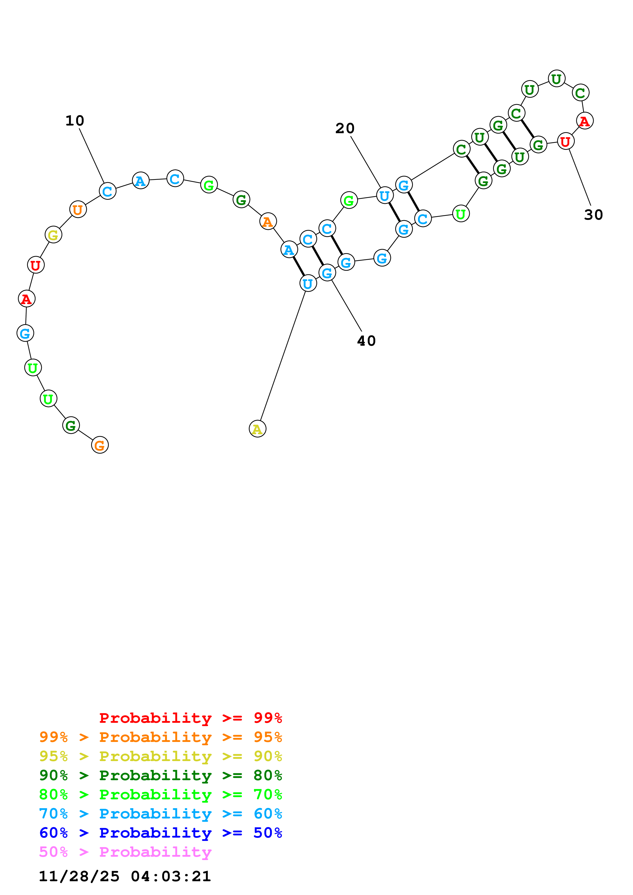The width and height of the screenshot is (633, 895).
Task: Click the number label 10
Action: point(75,121)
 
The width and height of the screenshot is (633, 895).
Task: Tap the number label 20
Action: point(345,128)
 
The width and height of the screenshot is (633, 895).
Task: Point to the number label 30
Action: point(593,215)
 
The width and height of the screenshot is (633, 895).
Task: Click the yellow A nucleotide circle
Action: point(257,429)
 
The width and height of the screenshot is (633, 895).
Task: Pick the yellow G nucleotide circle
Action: point(53,235)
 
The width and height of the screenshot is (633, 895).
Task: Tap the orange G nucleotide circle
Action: point(100,445)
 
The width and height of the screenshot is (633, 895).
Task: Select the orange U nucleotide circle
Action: point(78,210)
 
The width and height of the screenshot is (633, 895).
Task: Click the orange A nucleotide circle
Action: point(268,221)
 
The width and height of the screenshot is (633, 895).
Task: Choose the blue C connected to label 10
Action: point(108,191)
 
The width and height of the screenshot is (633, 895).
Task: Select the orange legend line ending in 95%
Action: point(161,737)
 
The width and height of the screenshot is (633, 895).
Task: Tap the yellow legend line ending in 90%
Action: point(161,756)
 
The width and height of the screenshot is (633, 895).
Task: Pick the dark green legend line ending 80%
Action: point(161,775)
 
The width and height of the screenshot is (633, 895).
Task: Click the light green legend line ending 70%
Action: point(161,794)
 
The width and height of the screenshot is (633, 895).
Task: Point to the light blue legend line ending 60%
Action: point(161,814)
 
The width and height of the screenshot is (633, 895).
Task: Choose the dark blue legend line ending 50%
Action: point(161,833)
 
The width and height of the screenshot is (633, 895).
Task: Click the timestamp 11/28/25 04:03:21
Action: point(125,876)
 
